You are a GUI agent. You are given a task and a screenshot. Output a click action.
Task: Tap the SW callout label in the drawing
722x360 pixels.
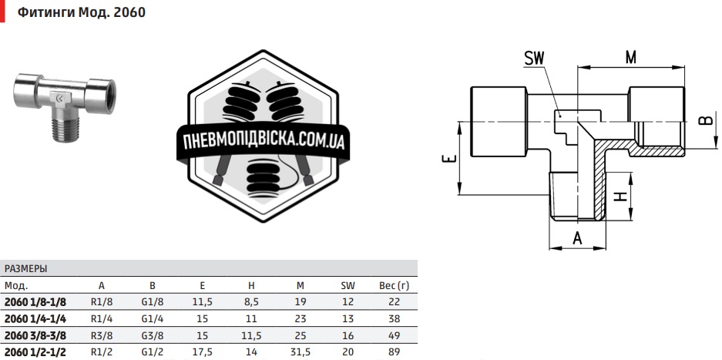pos(534,59)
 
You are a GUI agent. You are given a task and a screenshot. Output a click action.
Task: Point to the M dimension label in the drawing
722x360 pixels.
pos(631,57)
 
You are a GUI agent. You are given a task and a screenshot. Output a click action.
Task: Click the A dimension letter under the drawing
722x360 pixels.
pos(576,238)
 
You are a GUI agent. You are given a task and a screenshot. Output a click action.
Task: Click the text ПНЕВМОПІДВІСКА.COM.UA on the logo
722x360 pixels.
pos(264,142)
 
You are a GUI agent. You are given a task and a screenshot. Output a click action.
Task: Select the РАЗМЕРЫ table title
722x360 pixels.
pos(26,269)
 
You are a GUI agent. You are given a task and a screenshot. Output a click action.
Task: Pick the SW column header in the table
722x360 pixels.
pos(348,285)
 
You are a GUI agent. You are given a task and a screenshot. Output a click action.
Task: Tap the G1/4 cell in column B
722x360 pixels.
pos(152,318)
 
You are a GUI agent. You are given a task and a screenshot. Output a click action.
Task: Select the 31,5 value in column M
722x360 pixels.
pos(301,352)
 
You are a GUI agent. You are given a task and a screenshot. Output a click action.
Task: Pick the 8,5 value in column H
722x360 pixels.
pos(252,301)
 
